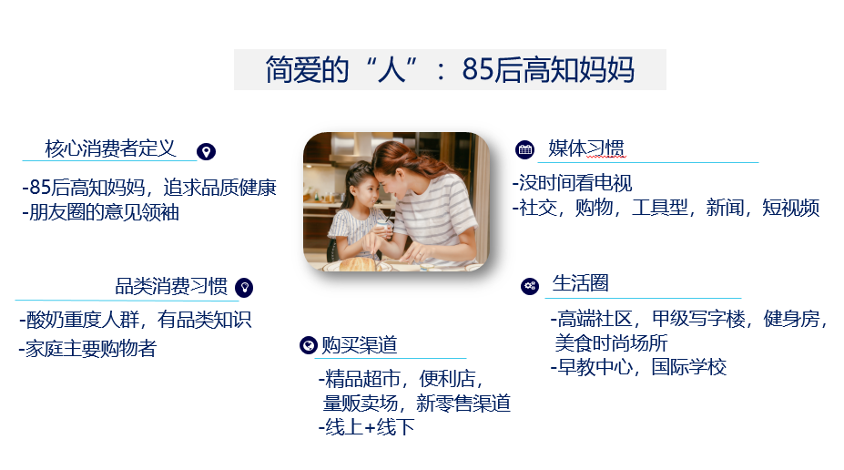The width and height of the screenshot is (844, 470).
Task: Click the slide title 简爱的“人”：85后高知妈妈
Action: pos(450,69)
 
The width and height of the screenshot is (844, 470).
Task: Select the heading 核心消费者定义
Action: pos(110,148)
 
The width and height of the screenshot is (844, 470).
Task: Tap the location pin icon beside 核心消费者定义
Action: pos(206,152)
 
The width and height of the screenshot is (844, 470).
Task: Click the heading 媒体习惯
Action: pos(586,148)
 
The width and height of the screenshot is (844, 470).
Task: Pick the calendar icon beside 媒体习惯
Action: pos(524,149)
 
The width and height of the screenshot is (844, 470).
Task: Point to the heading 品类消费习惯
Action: pos(171,286)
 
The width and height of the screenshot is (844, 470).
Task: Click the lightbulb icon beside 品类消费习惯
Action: pos(244,288)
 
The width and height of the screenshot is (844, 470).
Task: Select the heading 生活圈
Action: pos(580,282)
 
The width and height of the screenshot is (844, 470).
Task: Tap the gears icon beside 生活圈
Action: pos(530,286)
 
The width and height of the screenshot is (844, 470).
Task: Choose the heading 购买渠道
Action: pos(359,344)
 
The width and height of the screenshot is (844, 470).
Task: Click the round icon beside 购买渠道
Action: pos(309,345)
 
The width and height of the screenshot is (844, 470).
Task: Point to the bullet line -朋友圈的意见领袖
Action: pos(101,212)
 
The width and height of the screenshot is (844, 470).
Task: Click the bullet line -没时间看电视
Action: pos(572,183)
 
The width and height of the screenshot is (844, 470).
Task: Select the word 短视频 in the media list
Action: pos(790,208)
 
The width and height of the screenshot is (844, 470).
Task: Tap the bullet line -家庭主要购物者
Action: pos(87,348)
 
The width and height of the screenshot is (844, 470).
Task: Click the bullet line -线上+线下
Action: pos(367,427)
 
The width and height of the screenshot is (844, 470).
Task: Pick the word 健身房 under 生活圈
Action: pos(791,319)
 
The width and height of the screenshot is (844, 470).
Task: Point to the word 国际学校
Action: pos(689,367)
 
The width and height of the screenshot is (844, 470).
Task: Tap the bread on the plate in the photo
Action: pos(360,264)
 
